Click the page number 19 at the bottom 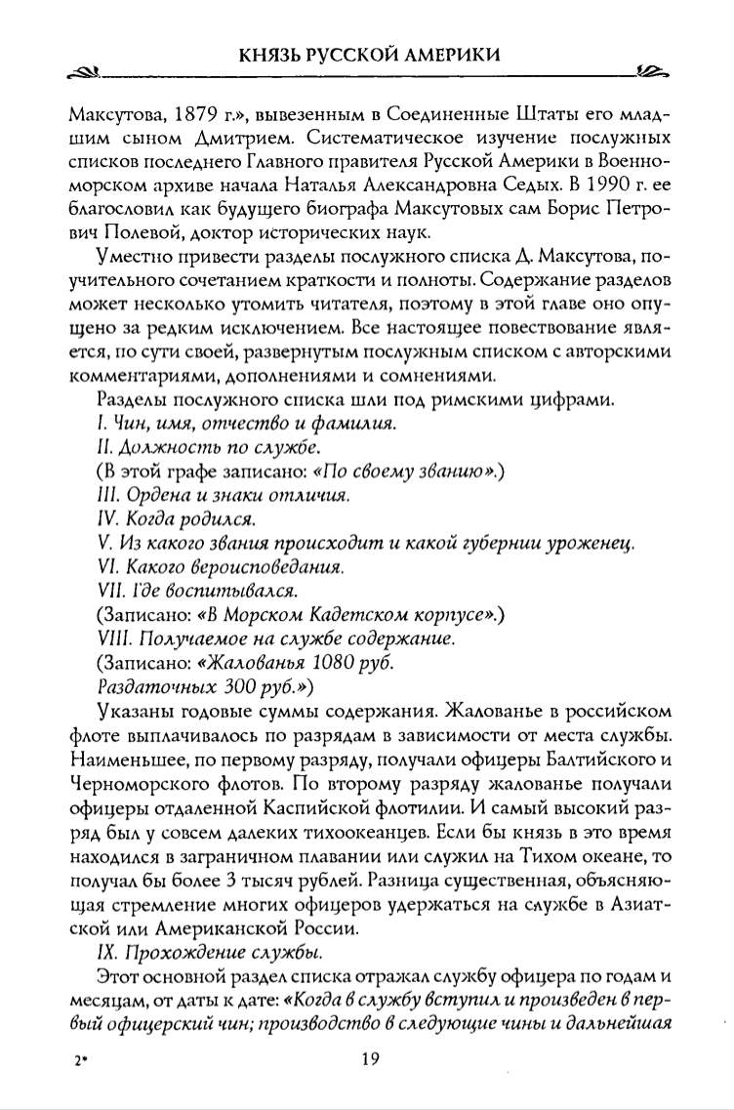367,1061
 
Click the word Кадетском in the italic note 329,614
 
